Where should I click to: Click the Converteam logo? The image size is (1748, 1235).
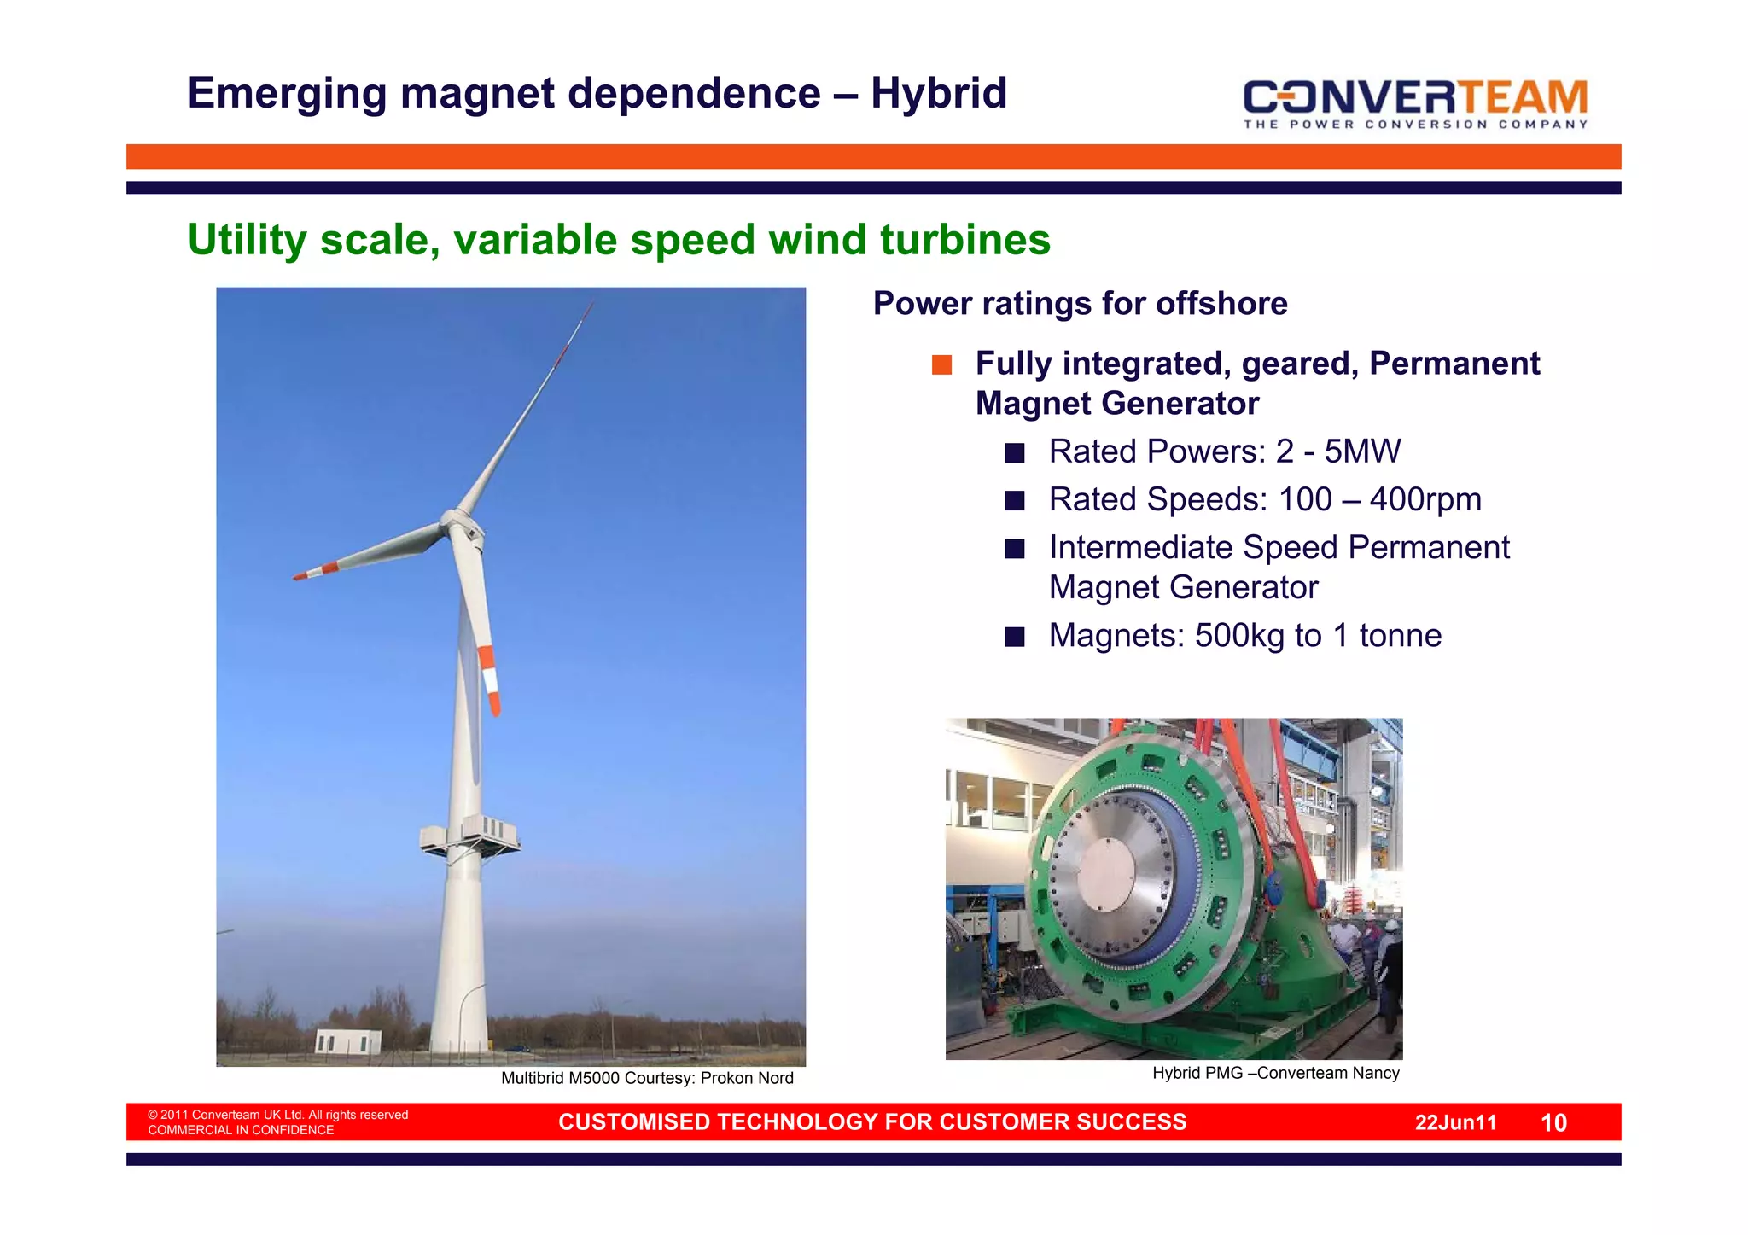click(1415, 103)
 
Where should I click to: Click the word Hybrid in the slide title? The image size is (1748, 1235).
click(939, 93)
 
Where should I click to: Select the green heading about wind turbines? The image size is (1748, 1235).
click(619, 240)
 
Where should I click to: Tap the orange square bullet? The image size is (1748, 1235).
click(941, 364)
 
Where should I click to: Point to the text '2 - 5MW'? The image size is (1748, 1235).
click(1337, 451)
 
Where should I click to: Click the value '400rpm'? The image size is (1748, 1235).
click(1425, 499)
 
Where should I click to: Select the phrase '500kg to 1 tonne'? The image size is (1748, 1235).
click(1318, 636)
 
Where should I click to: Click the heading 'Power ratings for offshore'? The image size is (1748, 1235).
click(1080, 304)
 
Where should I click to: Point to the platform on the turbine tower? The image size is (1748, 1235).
click(470, 836)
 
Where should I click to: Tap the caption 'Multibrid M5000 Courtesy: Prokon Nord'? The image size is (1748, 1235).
click(647, 1078)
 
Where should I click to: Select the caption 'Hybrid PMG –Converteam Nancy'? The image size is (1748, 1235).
click(1275, 1073)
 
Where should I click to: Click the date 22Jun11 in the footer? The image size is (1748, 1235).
click(1455, 1122)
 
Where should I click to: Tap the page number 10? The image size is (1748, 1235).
click(1553, 1122)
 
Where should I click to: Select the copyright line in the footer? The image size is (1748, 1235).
click(277, 1115)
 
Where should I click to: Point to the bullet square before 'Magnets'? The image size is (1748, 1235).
click(1014, 637)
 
